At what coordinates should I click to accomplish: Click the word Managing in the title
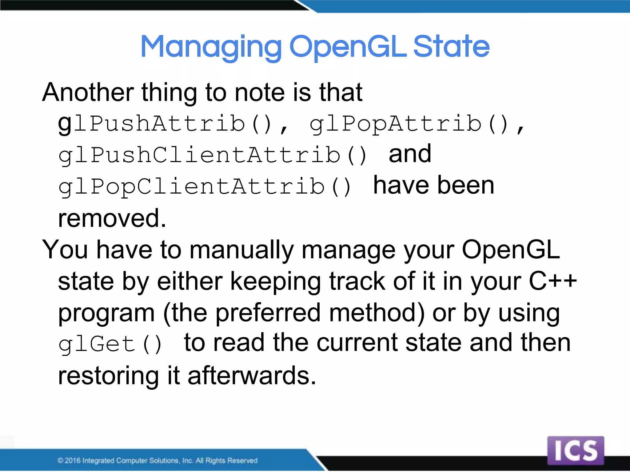[x=211, y=47]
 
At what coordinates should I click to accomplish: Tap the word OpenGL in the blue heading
[x=348, y=47]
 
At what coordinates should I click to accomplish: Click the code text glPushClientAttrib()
[x=212, y=155]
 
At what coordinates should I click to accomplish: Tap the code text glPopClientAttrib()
[x=205, y=187]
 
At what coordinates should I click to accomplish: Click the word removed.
[x=112, y=218]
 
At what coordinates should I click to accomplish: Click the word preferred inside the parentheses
[x=268, y=313]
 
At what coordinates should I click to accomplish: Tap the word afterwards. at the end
[x=252, y=376]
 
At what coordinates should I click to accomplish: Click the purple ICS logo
[x=576, y=450]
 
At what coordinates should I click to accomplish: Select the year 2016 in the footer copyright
[x=73, y=460]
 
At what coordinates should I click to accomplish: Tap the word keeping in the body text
[x=275, y=281]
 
